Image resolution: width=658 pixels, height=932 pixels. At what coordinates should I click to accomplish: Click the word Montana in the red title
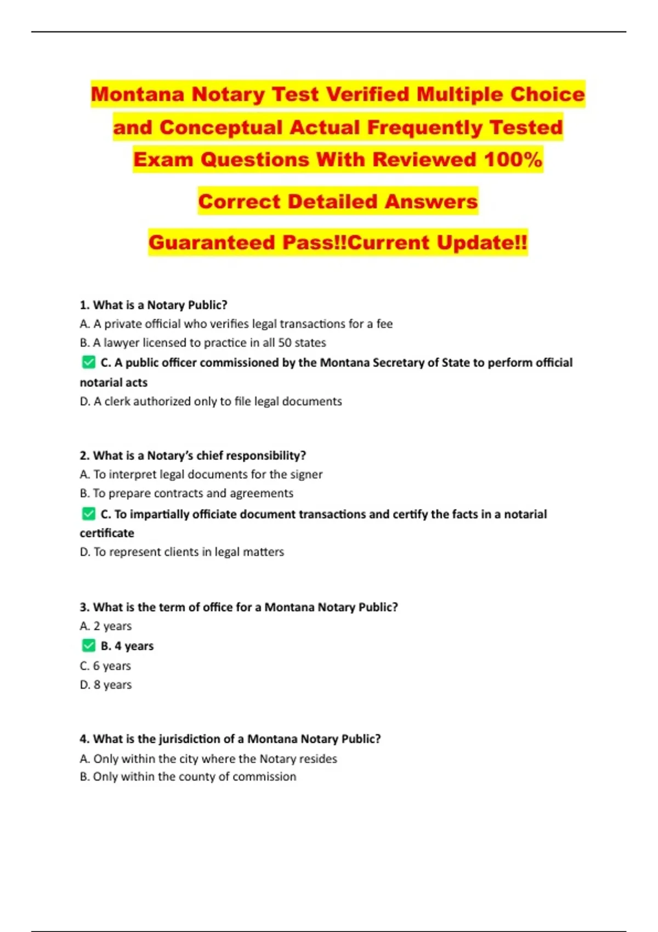point(138,94)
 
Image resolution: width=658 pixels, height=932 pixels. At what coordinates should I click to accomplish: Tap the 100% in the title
point(513,160)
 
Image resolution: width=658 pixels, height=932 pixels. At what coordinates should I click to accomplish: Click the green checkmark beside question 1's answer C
point(89,362)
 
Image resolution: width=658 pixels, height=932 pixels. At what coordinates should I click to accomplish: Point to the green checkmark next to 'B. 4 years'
point(89,646)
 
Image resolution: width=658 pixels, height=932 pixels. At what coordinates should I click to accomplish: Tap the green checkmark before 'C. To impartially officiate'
point(89,514)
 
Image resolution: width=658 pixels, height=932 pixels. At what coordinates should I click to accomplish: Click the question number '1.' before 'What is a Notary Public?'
point(84,305)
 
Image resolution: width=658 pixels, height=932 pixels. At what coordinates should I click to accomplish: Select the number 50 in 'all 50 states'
point(285,343)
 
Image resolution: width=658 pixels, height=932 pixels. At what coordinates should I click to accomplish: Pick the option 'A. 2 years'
point(106,626)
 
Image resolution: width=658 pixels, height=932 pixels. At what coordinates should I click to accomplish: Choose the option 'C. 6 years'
point(105,666)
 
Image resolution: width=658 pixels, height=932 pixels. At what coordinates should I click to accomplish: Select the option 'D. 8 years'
point(106,685)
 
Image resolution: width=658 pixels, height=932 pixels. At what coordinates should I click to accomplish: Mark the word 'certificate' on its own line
point(107,533)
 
